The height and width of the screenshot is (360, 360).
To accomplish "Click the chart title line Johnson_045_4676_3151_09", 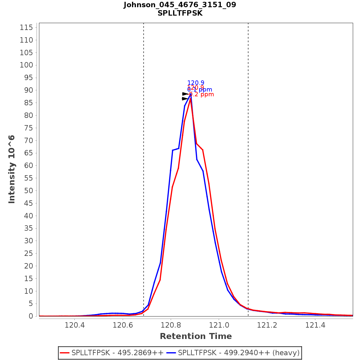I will pyautogui.click(x=180, y=5).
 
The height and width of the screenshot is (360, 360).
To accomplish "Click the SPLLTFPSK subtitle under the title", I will pyautogui.click(x=180, y=13).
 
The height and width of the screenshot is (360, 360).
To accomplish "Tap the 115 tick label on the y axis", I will pyautogui.click(x=26, y=28).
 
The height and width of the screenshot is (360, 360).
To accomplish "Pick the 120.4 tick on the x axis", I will pyautogui.click(x=74, y=325).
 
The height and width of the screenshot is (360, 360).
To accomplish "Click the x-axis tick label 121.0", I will pyautogui.click(x=219, y=325).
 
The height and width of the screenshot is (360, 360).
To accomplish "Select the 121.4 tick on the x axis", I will pyautogui.click(x=315, y=325).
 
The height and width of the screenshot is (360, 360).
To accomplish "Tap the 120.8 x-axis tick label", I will pyautogui.click(x=171, y=325).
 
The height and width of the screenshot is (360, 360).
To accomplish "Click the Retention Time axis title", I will pyautogui.click(x=196, y=336).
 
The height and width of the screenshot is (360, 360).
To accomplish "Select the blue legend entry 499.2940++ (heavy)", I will pyautogui.click(x=239, y=353).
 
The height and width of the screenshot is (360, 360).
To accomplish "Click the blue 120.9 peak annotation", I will pyautogui.click(x=196, y=83).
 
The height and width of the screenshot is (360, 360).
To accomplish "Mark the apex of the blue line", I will pyautogui.click(x=191, y=95).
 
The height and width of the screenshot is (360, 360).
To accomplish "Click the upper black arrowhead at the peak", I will pyautogui.click(x=185, y=94).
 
